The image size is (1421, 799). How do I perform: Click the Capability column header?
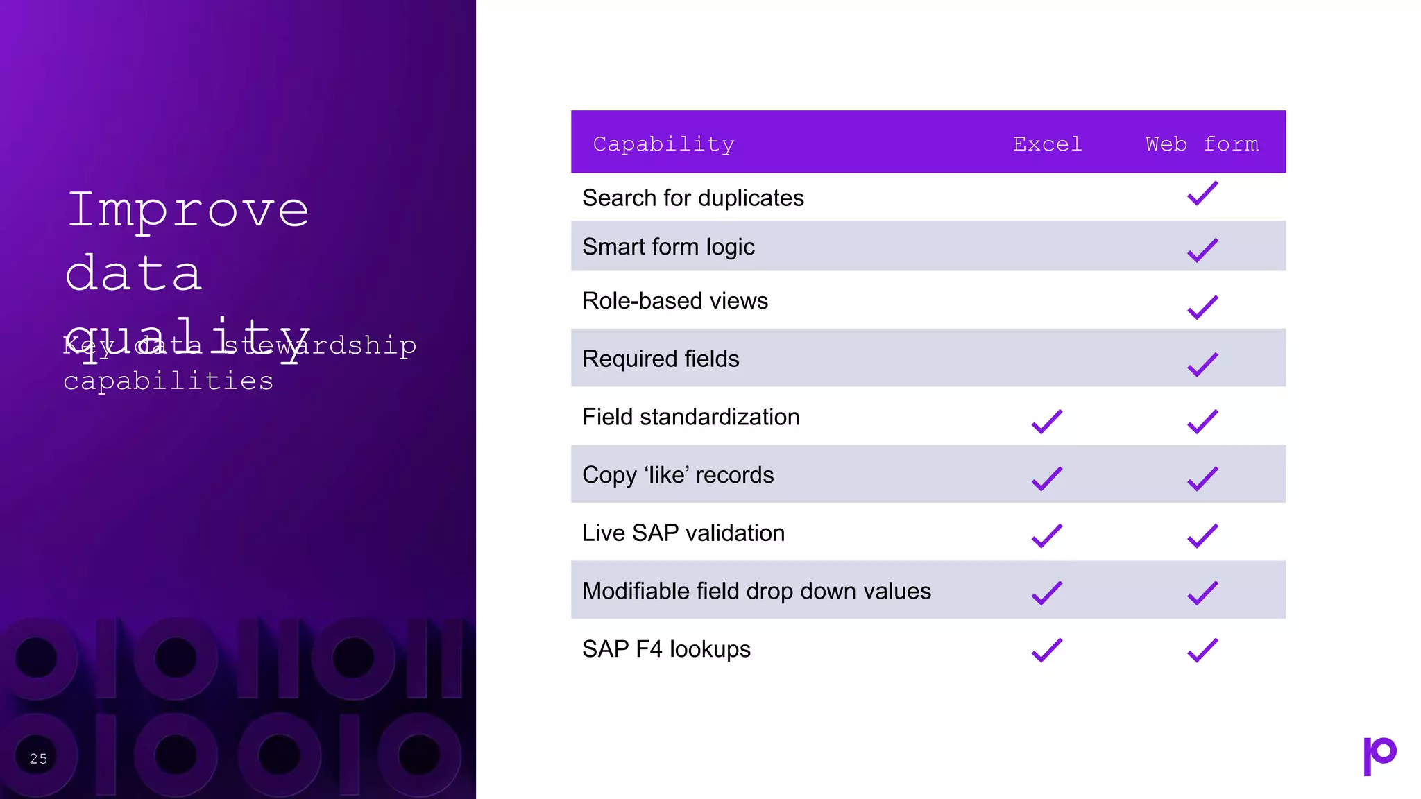pos(663,144)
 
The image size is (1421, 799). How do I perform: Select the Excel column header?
pos(1047,144)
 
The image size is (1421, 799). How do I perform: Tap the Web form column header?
pos(1202,144)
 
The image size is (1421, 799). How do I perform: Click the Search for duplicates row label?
pos(692,198)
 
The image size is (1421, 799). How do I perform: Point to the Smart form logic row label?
pos(668,247)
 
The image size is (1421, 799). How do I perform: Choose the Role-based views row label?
pos(674,301)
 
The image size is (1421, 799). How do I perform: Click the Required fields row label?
pos(661,359)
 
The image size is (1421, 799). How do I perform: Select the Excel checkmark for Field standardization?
pos(1047,421)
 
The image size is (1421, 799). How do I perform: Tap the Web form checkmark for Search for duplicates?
pos(1202,193)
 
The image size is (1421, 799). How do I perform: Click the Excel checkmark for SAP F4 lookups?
pos(1047,650)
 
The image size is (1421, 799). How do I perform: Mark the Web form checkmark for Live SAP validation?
pos(1202,535)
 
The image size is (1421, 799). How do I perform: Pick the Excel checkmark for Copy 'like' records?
pos(1047,479)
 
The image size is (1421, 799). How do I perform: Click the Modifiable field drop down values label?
pos(756,591)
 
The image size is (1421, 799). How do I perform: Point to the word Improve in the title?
pos(188,209)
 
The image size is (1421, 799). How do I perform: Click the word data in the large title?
pos(134,273)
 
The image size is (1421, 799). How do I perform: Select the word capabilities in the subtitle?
pos(169,381)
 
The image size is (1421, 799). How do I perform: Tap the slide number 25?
pos(39,759)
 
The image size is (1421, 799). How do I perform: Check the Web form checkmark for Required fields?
pos(1202,363)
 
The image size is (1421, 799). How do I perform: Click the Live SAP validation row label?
pos(683,533)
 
